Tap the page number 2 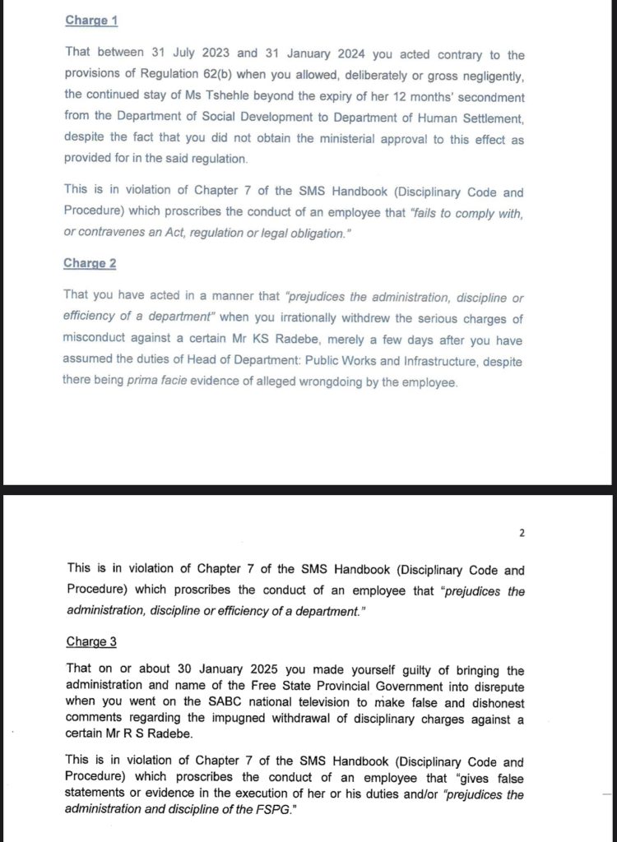(x=522, y=533)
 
